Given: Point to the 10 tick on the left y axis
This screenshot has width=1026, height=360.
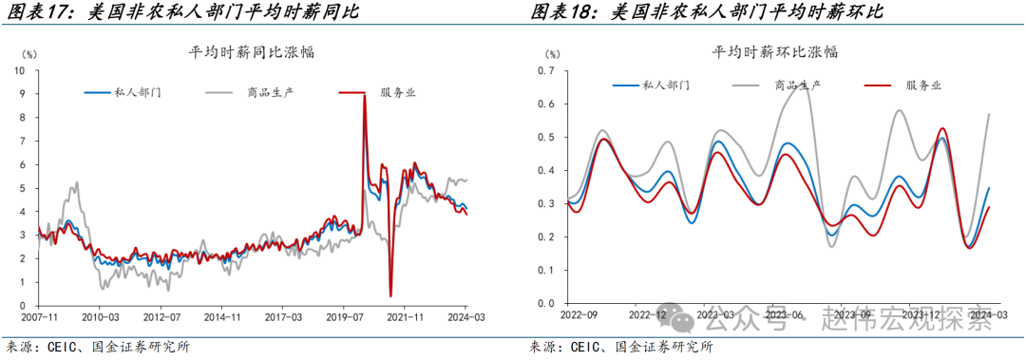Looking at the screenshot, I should (18, 71).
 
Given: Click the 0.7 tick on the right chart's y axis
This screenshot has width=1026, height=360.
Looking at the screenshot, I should (545, 71).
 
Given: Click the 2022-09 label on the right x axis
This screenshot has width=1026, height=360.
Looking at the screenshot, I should (579, 314).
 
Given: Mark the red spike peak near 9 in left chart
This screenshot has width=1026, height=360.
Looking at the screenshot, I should (365, 95).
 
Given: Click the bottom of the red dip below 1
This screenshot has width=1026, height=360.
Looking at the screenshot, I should (391, 295).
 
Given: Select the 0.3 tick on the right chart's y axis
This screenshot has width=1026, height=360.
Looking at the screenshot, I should (545, 204).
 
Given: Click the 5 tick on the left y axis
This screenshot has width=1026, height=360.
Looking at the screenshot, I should (21, 188).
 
